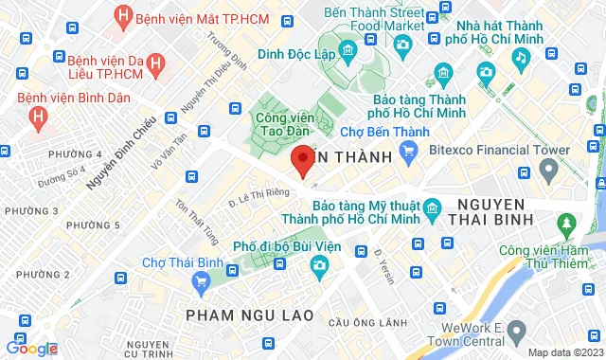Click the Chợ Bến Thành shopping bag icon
click(409, 150)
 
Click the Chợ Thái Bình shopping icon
click(200, 281)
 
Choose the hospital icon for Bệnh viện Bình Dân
click(38, 117)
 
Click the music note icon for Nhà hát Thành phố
click(520, 57)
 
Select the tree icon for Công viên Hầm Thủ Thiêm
click(566, 225)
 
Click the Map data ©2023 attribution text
click(564, 352)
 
